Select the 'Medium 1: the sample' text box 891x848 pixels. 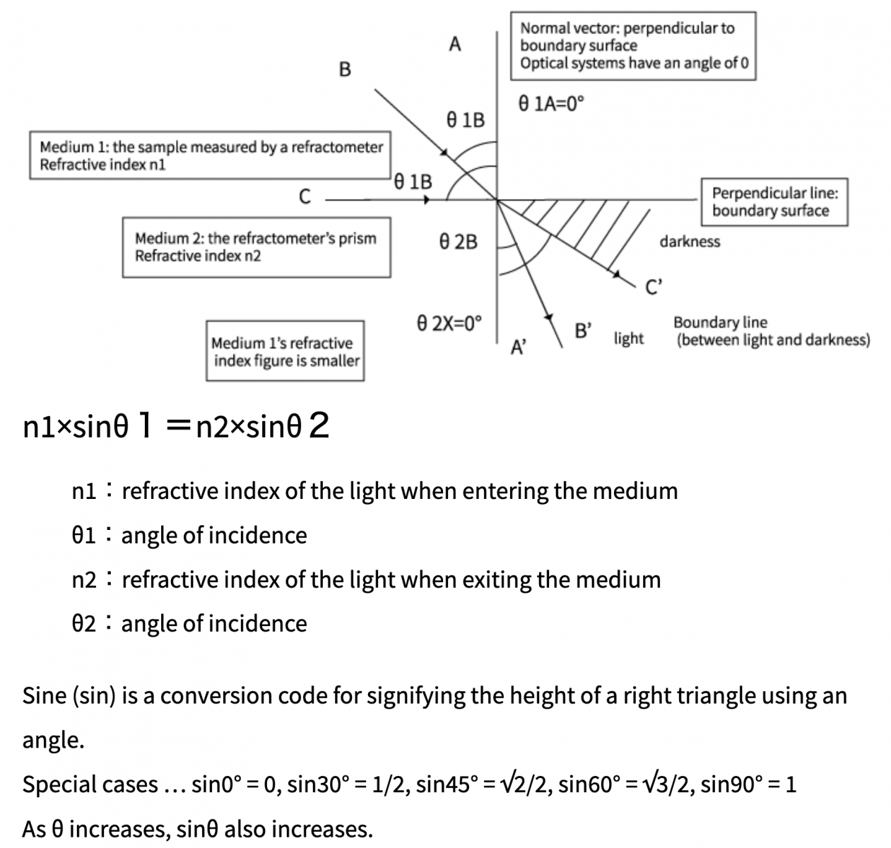click(211, 155)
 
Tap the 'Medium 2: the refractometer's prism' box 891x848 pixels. click(256, 247)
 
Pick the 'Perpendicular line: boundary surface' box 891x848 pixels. click(774, 201)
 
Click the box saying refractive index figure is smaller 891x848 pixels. click(285, 351)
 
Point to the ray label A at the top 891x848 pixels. click(455, 45)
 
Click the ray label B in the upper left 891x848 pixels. click(345, 69)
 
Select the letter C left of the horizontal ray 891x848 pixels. click(305, 196)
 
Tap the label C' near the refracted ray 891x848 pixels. click(654, 287)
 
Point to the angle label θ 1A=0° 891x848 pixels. click(552, 104)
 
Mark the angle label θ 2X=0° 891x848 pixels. click(449, 324)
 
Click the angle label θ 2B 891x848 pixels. click(458, 242)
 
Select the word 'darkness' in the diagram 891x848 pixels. click(690, 242)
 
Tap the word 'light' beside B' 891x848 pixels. click(629, 338)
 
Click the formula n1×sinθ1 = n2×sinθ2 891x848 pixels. click(176, 426)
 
